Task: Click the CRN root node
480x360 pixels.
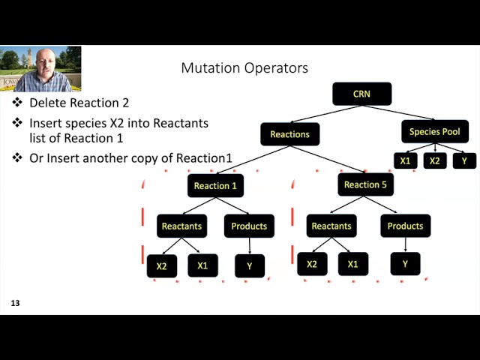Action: coord(361,94)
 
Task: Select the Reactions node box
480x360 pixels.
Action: coord(289,134)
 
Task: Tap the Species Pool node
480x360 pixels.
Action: coord(434,132)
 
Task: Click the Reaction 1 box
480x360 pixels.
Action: coord(215,186)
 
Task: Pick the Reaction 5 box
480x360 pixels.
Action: coord(365,184)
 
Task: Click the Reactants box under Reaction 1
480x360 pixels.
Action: coord(180,226)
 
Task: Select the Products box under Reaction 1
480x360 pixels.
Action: coord(249,226)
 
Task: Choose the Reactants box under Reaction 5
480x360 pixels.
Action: coord(331,226)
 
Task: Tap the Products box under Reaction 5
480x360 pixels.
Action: coord(405,226)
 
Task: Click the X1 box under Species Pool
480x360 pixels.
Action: coord(405,160)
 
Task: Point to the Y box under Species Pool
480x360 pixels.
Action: coord(464,160)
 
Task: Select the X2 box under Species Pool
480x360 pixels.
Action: coord(434,160)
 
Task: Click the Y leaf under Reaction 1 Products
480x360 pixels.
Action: coord(250,265)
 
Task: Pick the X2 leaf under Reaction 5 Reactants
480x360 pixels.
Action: coord(312,264)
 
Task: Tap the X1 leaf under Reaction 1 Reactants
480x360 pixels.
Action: coord(202,265)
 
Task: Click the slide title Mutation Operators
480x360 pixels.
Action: coord(244,68)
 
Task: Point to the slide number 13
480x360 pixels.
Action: coord(15,304)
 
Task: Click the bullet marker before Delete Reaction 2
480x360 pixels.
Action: coord(17,103)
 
